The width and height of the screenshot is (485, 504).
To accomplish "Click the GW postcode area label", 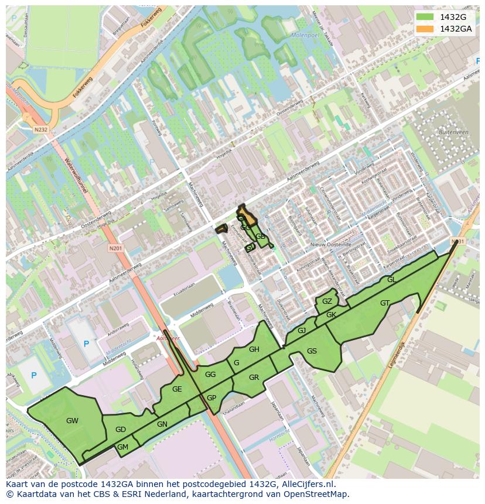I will (72, 420).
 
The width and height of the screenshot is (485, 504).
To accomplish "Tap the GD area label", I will (121, 430).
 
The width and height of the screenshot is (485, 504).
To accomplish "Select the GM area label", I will (122, 447).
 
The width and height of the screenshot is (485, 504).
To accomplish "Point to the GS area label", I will (312, 351).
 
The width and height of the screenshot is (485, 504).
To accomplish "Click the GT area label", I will (385, 303).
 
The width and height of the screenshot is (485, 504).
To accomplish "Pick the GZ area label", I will (327, 301).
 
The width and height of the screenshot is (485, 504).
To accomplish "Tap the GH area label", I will (254, 349).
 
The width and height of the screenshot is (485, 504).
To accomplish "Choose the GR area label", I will (254, 378).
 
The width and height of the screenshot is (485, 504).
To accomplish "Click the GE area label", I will (177, 389).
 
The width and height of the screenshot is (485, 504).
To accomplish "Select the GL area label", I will (391, 280).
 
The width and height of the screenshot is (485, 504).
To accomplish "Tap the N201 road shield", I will (115, 249).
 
